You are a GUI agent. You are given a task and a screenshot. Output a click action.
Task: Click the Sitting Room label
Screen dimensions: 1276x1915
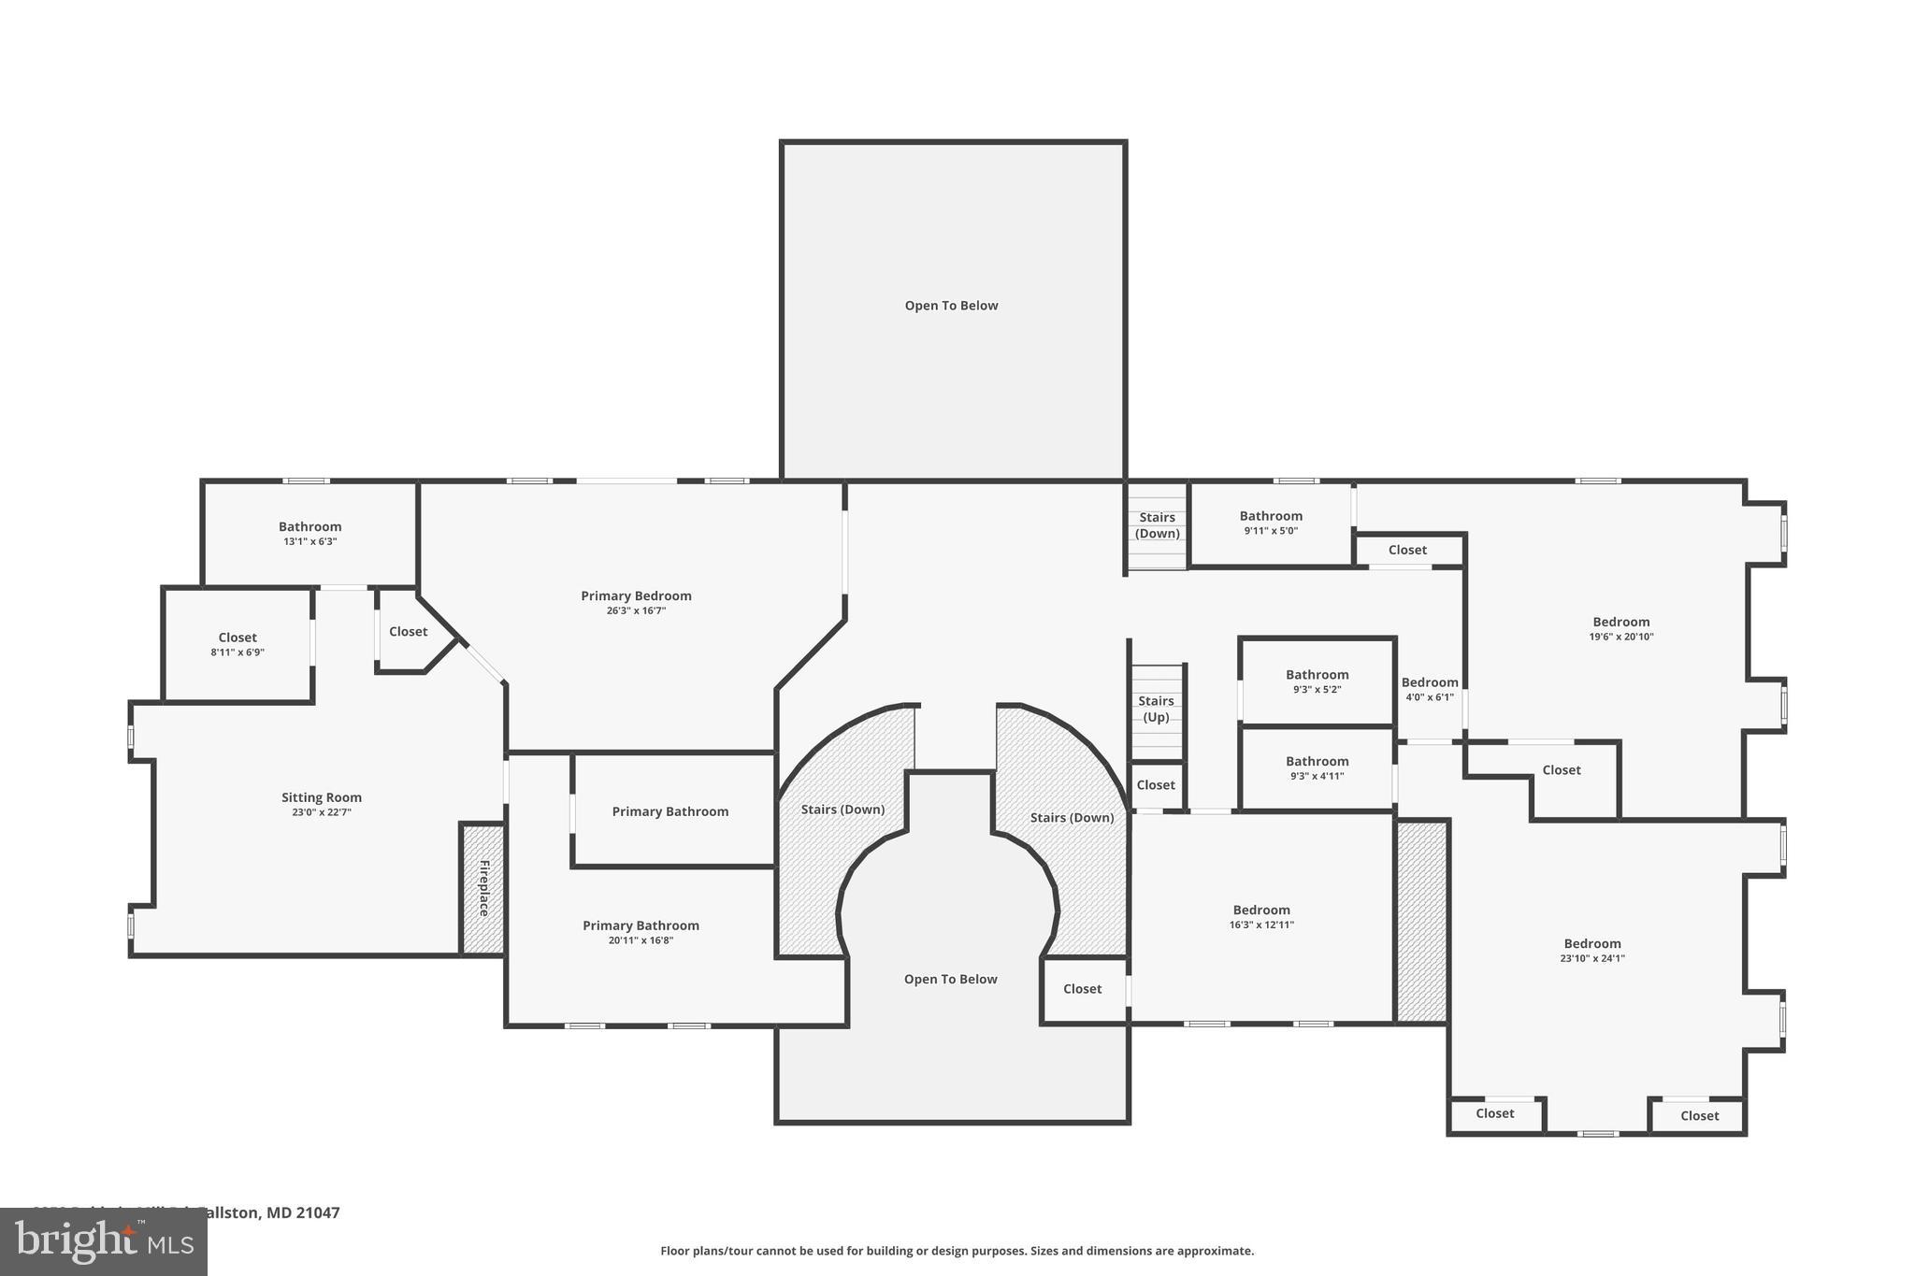[321, 797]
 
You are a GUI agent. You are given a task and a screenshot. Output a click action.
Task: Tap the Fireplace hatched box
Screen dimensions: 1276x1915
[482, 888]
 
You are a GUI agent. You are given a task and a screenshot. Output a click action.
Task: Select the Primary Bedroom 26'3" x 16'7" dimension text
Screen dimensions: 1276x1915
[636, 610]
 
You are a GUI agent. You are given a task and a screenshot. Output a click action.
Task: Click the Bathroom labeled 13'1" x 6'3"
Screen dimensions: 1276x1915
[310, 533]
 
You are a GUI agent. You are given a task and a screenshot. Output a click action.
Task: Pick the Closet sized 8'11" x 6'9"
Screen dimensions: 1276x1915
[238, 644]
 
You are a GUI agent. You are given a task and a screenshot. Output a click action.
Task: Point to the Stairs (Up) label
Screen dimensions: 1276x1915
[1156, 709]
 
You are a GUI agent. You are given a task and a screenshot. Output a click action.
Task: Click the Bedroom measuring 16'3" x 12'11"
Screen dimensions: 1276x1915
[1260, 916]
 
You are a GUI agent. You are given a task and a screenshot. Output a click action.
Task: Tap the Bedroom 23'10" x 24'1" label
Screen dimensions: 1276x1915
[1591, 950]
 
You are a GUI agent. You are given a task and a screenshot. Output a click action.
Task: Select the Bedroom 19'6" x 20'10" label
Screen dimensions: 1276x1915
[1620, 628]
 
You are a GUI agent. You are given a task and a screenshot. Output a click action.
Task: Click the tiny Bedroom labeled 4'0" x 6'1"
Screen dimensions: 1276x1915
[1429, 689]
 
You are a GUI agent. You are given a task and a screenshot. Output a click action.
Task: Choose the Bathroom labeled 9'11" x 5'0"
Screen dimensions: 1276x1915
[1270, 523]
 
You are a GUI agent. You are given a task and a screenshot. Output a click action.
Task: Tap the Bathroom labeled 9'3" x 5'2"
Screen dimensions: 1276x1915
[1317, 681]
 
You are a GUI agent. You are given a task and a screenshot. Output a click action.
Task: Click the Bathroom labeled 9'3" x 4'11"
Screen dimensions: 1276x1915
[1317, 767]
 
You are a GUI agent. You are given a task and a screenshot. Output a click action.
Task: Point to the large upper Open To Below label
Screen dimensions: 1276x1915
[951, 306]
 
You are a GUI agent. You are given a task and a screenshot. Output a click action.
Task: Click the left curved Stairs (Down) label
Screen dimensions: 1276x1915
[842, 810]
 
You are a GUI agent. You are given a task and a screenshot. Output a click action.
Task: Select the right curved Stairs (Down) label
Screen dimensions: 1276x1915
[1072, 817]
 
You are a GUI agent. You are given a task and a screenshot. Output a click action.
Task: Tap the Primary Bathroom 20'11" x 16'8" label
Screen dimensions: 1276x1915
[641, 932]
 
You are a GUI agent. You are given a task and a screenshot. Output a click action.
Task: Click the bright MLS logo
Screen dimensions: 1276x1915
[104, 1241]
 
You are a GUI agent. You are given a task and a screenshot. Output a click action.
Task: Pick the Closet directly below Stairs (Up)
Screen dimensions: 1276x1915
[1156, 785]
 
